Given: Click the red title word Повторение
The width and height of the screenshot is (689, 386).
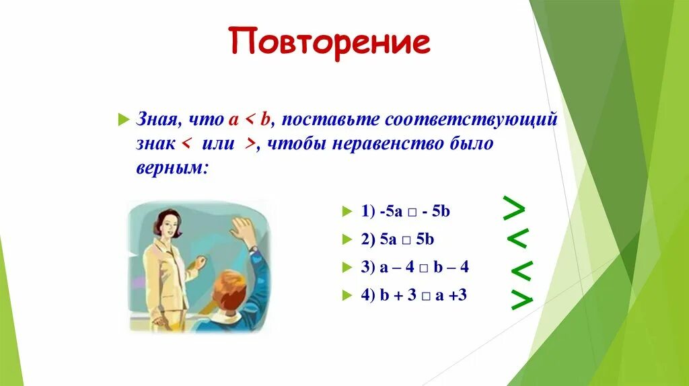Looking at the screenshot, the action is coord(329,42).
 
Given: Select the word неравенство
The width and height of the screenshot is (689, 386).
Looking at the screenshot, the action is coord(388,144).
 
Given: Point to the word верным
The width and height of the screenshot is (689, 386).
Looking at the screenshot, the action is coord(172,167).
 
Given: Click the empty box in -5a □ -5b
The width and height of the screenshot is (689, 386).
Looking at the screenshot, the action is coord(412,213).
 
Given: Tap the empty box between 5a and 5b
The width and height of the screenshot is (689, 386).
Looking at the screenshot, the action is coord(406,241).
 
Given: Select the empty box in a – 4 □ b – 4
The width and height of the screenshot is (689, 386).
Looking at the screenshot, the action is coord(424,268).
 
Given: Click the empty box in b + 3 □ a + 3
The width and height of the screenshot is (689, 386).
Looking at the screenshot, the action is coord(426,297).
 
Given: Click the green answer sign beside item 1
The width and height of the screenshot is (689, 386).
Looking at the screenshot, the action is coord(513,208).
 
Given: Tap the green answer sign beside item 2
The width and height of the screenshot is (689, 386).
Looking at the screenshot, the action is coord(517,238).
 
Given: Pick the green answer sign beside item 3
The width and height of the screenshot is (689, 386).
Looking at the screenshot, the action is coord(522,271).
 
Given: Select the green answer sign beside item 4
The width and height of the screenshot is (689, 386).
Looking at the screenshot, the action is coord(522,300).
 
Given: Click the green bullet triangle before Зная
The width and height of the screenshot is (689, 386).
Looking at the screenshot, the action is coord(124,120).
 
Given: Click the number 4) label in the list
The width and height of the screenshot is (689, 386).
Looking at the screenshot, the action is coord(368,295).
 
